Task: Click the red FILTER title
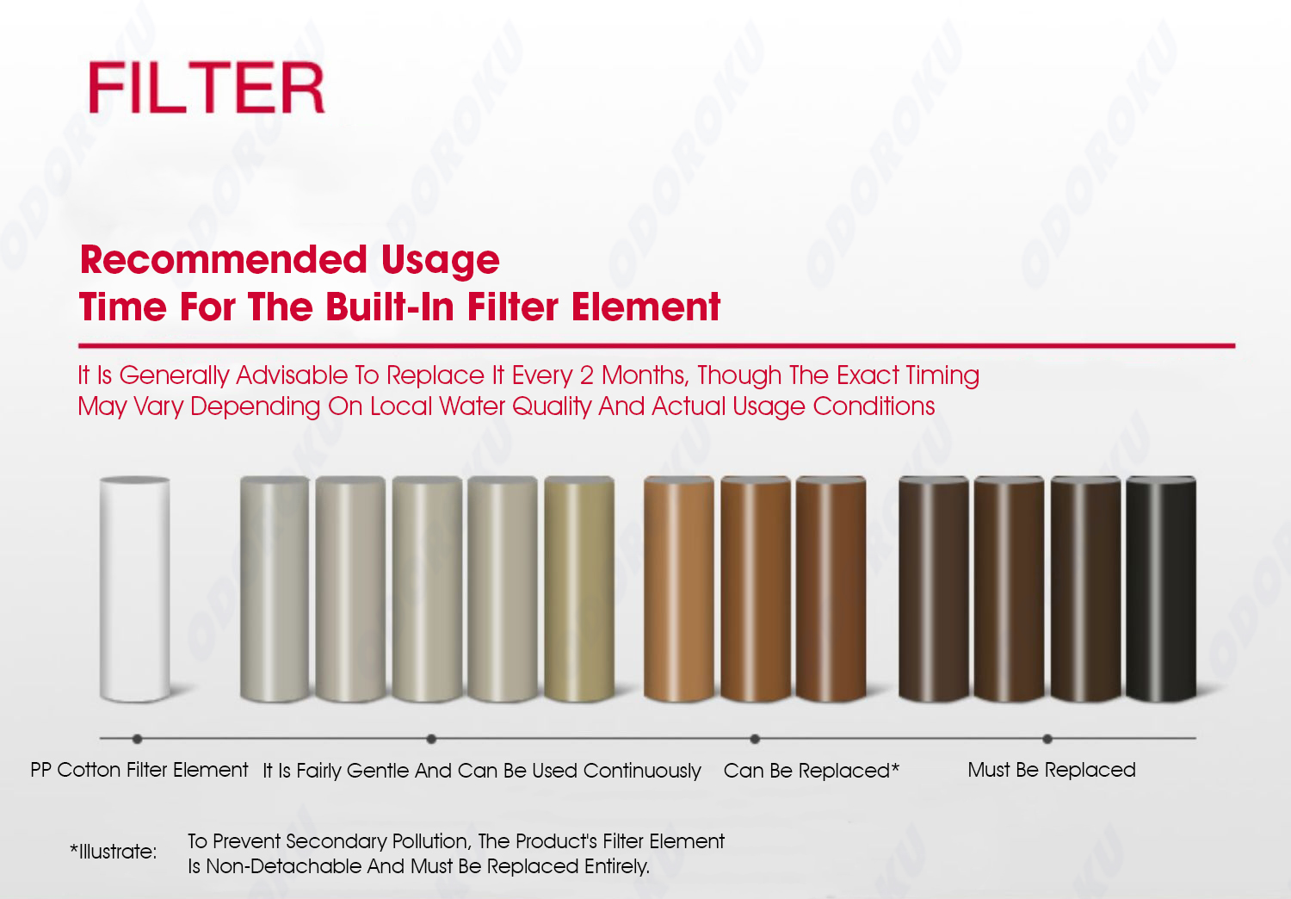[x=207, y=88]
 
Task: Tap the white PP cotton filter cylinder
[x=134, y=589]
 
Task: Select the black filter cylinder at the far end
[x=1161, y=589]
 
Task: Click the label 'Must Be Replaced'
[x=1051, y=770]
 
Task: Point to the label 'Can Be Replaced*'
[x=811, y=771]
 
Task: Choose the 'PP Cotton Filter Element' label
[x=139, y=770]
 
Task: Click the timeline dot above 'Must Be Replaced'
[x=1047, y=739]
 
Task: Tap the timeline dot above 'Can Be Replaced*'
[x=755, y=739]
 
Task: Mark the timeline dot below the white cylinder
[x=137, y=739]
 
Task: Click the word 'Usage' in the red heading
[x=441, y=261]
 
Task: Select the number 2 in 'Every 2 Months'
[x=587, y=375]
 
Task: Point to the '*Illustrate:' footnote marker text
[x=113, y=852]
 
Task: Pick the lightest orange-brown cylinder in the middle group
[x=678, y=589]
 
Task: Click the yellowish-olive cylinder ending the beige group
[x=579, y=589]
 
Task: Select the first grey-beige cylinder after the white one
[x=275, y=589]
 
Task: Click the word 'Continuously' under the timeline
[x=642, y=771]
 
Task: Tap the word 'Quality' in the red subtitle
[x=552, y=406]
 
